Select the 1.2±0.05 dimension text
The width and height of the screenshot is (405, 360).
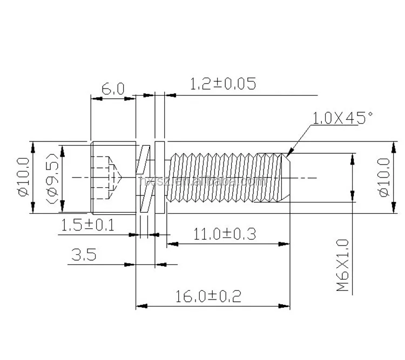point(222,84)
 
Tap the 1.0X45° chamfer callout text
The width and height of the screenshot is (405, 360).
point(343,117)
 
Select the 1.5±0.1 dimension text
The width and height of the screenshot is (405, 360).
point(87,226)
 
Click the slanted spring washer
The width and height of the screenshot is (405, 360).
point(144,178)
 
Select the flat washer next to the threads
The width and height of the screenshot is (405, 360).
point(159,178)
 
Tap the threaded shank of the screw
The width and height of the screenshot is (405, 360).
point(216,178)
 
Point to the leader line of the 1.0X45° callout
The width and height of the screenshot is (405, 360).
point(301,138)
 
